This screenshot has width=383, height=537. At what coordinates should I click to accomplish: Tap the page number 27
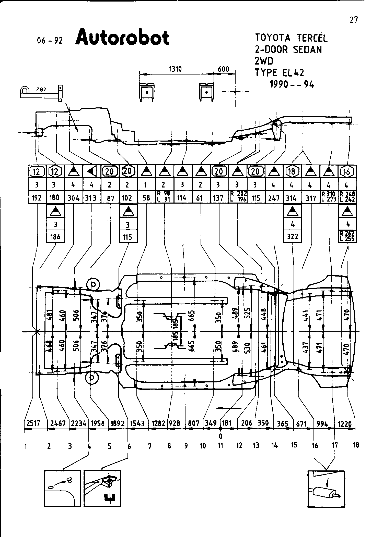(354, 20)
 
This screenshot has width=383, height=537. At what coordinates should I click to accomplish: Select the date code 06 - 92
(50, 41)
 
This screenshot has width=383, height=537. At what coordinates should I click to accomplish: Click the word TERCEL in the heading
(312, 38)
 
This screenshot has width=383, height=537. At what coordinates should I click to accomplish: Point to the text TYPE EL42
(280, 73)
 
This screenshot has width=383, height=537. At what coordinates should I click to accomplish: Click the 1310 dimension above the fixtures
(175, 69)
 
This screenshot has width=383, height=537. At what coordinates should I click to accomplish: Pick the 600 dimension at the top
(223, 69)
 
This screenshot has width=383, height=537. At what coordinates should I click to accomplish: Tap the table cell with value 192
(37, 198)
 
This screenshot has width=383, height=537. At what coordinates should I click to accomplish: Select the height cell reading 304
(74, 198)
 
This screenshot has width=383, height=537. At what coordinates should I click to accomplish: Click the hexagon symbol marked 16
(347, 171)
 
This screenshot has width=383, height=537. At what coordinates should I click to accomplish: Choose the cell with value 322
(293, 236)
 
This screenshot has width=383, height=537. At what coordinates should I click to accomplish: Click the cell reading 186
(55, 236)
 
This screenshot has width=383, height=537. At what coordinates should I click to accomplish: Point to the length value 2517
(33, 423)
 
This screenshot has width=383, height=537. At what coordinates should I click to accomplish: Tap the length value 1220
(345, 424)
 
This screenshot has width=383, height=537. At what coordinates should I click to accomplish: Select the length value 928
(175, 423)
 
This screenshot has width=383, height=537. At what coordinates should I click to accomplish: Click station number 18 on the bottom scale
(356, 445)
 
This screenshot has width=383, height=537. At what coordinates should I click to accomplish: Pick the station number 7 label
(150, 446)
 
